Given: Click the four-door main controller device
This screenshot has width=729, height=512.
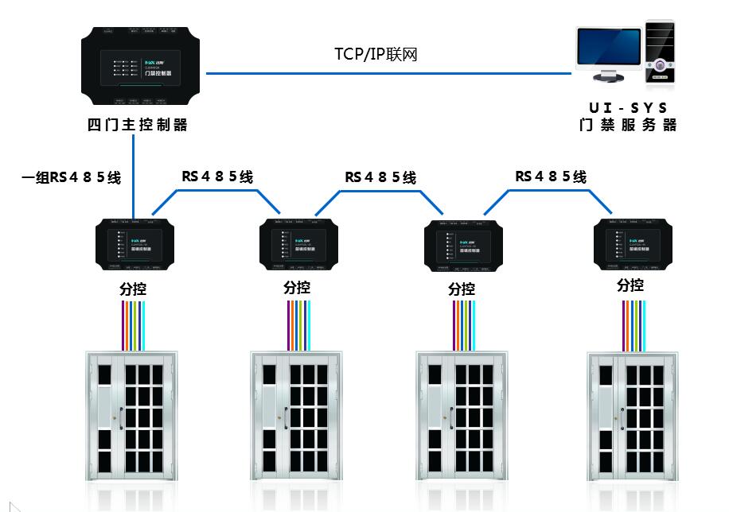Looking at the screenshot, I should [x=142, y=67].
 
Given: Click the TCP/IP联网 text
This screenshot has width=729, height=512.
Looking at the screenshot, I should [x=376, y=54].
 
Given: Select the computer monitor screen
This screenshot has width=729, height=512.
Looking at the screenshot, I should [x=610, y=50].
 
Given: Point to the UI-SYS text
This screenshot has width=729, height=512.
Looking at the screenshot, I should [x=628, y=106].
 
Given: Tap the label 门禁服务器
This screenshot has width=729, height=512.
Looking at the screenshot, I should [x=628, y=125].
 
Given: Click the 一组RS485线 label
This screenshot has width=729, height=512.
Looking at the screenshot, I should [x=71, y=177].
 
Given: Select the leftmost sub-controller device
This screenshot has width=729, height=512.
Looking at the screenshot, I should [x=134, y=242].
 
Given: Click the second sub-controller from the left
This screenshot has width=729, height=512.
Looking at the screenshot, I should [x=298, y=242].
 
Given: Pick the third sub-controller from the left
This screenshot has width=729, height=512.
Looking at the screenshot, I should [x=462, y=244].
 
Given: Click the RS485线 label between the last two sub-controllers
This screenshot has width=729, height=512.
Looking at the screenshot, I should [x=550, y=176].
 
